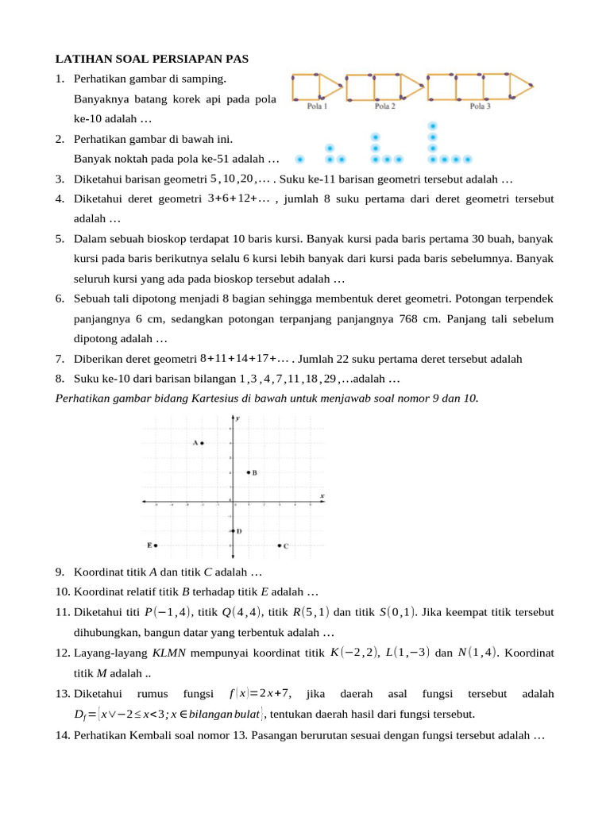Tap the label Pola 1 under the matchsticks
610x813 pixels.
(x=318, y=106)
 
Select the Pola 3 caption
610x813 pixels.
(x=480, y=106)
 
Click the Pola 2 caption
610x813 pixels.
(x=385, y=106)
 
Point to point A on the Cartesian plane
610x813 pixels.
(x=203, y=443)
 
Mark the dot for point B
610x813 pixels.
(x=249, y=472)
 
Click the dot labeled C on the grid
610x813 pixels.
(x=280, y=545)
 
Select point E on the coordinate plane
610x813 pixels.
(x=156, y=545)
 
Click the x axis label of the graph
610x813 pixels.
(x=322, y=496)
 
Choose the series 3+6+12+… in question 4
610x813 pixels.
(x=238, y=198)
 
